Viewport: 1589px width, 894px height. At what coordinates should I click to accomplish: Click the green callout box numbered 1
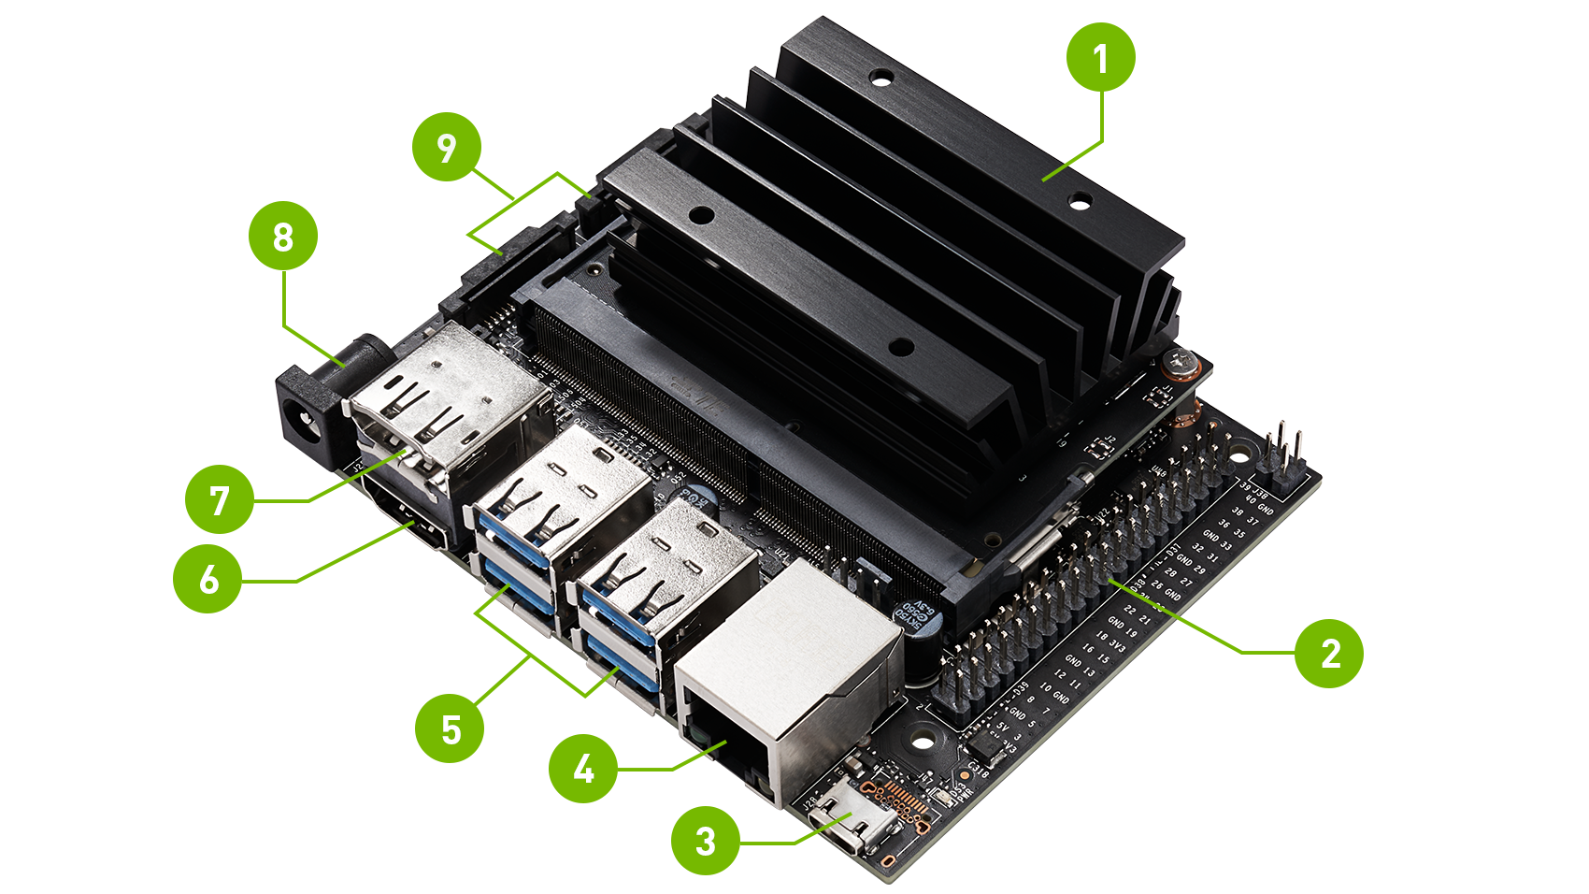[x=1100, y=58]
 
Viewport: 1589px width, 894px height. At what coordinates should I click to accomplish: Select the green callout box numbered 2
[x=1328, y=654]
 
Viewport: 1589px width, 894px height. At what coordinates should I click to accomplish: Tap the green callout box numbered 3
[x=705, y=841]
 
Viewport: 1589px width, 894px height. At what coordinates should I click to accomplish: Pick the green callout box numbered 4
[x=582, y=768]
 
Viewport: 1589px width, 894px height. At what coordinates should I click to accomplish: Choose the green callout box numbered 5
[x=450, y=728]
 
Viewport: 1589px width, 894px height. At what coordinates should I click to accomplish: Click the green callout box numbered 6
[x=208, y=579]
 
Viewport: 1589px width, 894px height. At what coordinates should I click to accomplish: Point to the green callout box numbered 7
[x=219, y=500]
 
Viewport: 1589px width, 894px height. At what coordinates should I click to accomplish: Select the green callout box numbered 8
[x=282, y=236]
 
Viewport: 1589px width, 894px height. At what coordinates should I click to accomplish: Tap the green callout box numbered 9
[x=446, y=147]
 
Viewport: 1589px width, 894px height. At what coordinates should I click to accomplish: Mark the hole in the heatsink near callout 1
[x=1080, y=200]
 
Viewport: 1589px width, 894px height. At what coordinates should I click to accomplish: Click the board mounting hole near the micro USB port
[x=923, y=741]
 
